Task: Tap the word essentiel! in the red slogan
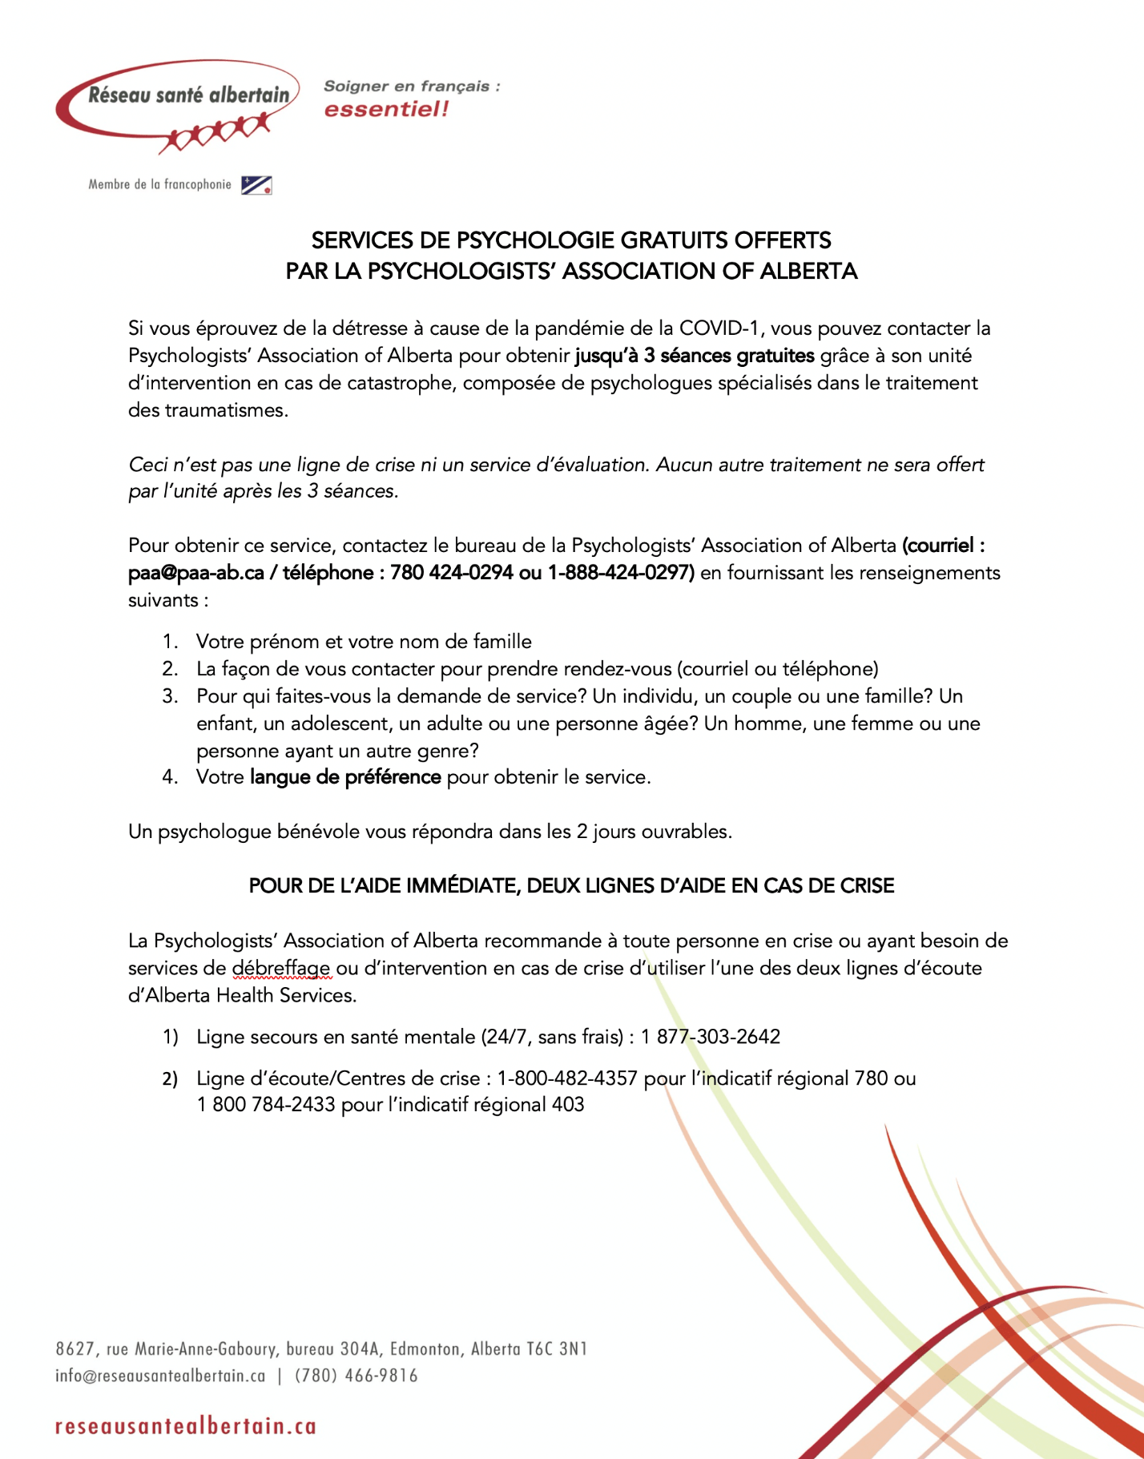[x=386, y=109]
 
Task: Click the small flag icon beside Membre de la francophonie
[x=257, y=185]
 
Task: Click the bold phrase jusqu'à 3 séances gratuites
[x=695, y=356]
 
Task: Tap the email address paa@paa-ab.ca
[x=196, y=573]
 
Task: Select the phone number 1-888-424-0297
[x=621, y=573]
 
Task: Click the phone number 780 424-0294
[x=452, y=573]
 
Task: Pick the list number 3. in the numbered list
[x=170, y=696]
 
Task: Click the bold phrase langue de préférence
[x=345, y=777]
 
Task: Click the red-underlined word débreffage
[x=281, y=968]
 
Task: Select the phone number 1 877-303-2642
[x=711, y=1037]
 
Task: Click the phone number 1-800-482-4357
[x=567, y=1078]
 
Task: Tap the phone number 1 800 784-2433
[x=266, y=1105]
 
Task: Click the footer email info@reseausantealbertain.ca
[x=160, y=1376]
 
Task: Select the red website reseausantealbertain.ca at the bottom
[x=186, y=1426]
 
